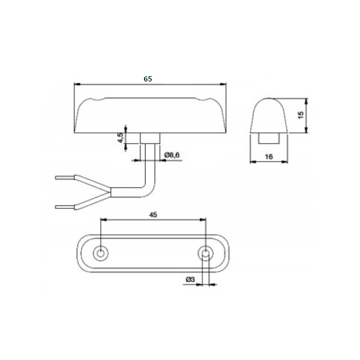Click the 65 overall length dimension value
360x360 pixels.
tap(148, 79)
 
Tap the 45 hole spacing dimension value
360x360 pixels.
tap(154, 215)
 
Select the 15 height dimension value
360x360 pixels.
tap(301, 113)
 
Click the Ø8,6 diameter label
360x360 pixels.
tap(172, 155)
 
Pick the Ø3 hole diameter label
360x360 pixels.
tap(190, 280)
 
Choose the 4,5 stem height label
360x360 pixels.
tap(121, 137)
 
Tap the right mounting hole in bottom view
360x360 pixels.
tap(205, 253)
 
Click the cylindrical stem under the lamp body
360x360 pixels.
tap(151, 138)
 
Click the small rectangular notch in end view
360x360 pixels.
tap(269, 137)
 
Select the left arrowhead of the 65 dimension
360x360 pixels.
tap(76, 83)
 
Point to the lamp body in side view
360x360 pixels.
tap(150, 114)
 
